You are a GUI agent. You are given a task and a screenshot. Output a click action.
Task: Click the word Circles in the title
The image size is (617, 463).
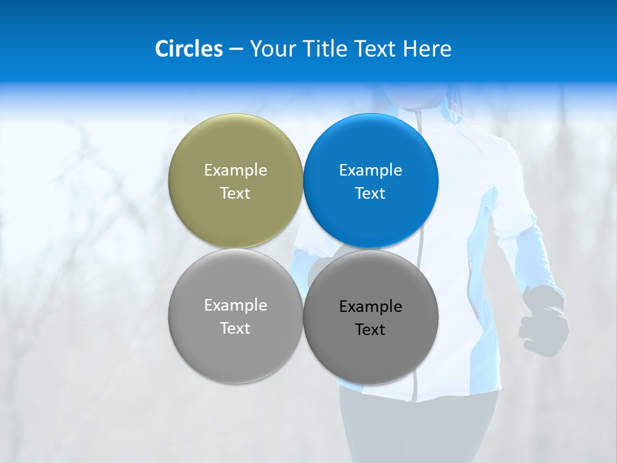click(188, 49)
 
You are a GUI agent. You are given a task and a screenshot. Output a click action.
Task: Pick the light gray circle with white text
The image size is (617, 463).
click(235, 350)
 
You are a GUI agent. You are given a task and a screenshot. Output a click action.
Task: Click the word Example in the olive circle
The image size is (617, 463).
click(235, 170)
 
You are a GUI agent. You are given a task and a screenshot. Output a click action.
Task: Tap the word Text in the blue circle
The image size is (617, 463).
click(370, 193)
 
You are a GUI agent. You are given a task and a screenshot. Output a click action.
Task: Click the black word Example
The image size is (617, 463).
click(370, 306)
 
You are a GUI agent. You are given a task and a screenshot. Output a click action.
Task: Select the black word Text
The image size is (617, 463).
click(370, 329)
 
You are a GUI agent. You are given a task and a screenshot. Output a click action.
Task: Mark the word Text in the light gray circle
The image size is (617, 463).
click(235, 328)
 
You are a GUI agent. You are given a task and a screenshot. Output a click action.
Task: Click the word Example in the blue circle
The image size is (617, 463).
click(370, 170)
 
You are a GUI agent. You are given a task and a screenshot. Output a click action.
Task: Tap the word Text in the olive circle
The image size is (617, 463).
click(235, 193)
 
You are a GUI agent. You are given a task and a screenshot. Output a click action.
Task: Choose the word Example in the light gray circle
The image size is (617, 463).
click(235, 305)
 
